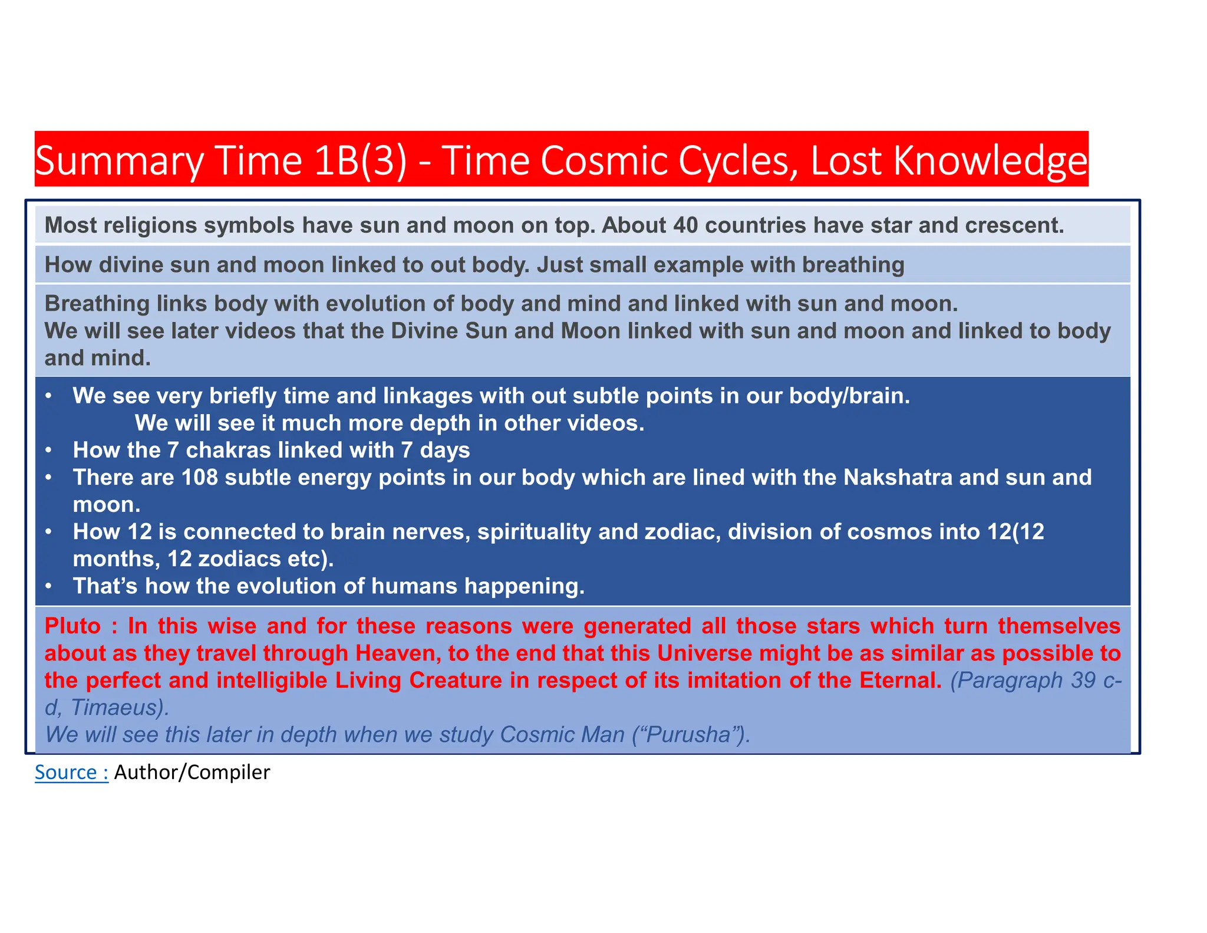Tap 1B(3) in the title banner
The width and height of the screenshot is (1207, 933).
point(360,160)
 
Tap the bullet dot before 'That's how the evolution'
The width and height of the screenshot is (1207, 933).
point(50,586)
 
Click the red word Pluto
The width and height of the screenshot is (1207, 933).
point(73,626)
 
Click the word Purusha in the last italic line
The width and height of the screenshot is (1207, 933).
point(689,735)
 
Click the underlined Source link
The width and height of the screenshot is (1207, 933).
point(71,773)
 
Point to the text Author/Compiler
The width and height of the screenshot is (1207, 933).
point(192,773)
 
